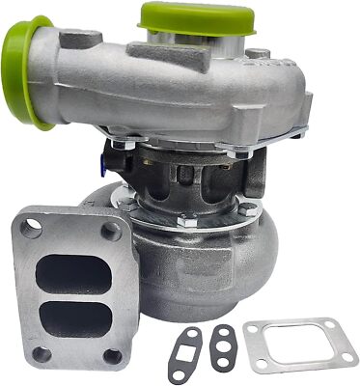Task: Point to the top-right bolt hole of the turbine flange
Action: (x=112, y=231)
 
